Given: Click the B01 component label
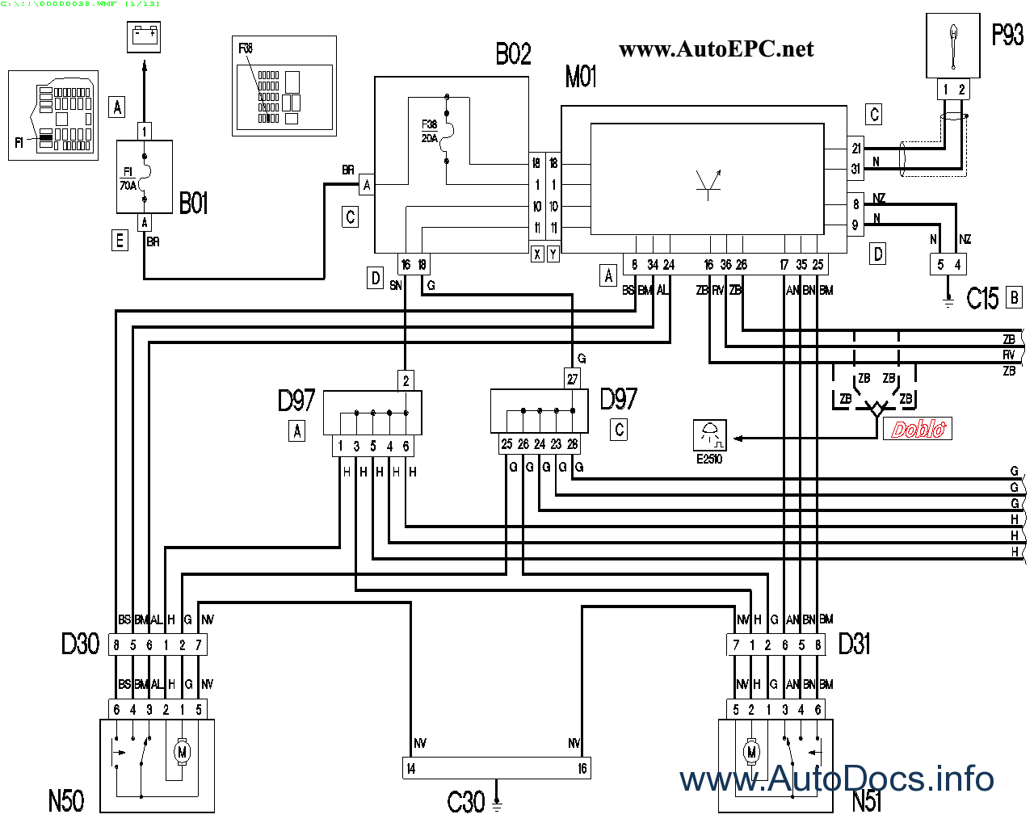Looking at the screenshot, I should click(x=194, y=204).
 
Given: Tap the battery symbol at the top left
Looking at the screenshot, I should click(x=145, y=36).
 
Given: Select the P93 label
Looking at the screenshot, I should click(x=1007, y=36).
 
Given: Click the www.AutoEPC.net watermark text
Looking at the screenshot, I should click(x=716, y=49).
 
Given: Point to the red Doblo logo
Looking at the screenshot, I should click(x=918, y=429).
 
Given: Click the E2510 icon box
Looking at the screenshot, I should click(x=710, y=435).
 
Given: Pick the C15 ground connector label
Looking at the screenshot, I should click(x=982, y=299).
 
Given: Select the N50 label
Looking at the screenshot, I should click(x=66, y=801).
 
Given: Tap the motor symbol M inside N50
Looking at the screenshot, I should click(x=182, y=752).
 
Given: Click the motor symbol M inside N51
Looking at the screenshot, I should click(x=751, y=752).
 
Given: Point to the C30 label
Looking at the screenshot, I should click(x=465, y=802).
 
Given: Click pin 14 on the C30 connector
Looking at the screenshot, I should click(x=411, y=769).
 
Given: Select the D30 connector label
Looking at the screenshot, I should click(x=80, y=644).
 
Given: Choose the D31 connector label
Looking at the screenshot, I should click(x=855, y=644).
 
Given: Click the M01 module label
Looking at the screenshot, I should click(x=581, y=78).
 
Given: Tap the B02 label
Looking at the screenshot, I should click(x=513, y=55).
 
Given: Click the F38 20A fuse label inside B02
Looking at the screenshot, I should click(x=429, y=131).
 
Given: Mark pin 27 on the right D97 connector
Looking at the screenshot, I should click(x=572, y=379).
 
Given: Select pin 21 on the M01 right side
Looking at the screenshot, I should click(x=855, y=148).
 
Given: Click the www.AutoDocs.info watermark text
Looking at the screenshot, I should click(x=836, y=779).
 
